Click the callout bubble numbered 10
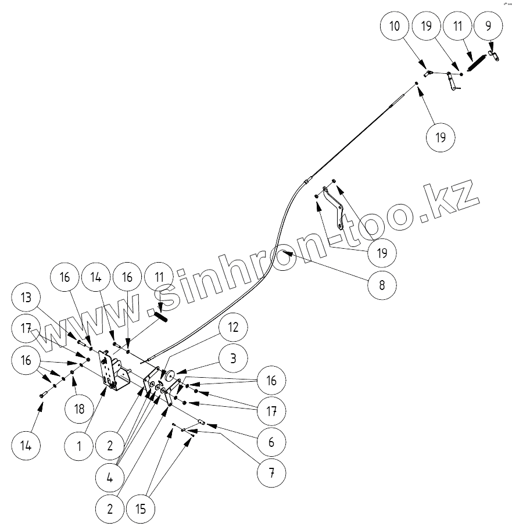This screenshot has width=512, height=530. pyautogui.click(x=395, y=27)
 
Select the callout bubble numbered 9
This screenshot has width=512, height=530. pyautogui.click(x=488, y=27)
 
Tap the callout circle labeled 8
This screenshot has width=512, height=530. pyautogui.click(x=382, y=285)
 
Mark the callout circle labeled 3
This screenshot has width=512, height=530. pyautogui.click(x=232, y=357)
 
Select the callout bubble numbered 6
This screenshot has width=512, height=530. pyautogui.click(x=272, y=442)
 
